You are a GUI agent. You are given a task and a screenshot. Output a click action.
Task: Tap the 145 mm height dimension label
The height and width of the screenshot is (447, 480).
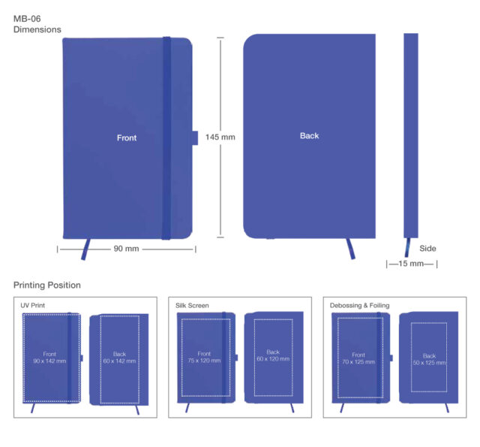(x=220, y=137)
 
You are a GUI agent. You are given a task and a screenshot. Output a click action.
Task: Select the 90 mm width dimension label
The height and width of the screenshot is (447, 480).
(x=126, y=249)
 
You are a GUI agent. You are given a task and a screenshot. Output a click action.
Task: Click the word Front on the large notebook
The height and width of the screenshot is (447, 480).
(x=127, y=137)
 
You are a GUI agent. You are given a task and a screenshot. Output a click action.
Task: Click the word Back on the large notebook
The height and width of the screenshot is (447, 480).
(x=309, y=136)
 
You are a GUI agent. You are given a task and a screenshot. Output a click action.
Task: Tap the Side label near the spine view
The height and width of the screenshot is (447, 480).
(x=427, y=248)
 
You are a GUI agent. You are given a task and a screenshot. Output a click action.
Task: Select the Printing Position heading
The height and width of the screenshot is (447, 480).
(x=46, y=285)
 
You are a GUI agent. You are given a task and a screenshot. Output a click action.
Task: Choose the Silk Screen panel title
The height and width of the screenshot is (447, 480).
(x=192, y=306)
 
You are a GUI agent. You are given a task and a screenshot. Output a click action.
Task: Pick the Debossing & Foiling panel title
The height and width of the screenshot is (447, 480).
(x=359, y=306)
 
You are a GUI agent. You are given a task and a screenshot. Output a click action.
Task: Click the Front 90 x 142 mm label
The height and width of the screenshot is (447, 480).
(x=49, y=358)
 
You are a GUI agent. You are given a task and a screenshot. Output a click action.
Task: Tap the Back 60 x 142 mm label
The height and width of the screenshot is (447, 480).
(x=119, y=358)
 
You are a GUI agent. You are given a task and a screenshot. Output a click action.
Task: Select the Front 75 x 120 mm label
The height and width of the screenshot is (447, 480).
(x=204, y=357)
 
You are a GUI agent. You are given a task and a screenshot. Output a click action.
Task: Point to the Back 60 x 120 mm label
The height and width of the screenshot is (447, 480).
(x=272, y=355)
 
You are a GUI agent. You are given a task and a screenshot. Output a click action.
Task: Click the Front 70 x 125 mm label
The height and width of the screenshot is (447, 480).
(x=358, y=358)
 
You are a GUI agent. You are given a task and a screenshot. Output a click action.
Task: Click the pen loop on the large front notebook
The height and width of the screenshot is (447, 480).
(x=194, y=137)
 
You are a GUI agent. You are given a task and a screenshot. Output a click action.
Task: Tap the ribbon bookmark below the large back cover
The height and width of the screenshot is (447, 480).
(x=350, y=249)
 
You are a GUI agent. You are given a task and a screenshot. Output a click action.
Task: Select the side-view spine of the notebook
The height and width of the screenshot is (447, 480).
(x=410, y=135)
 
